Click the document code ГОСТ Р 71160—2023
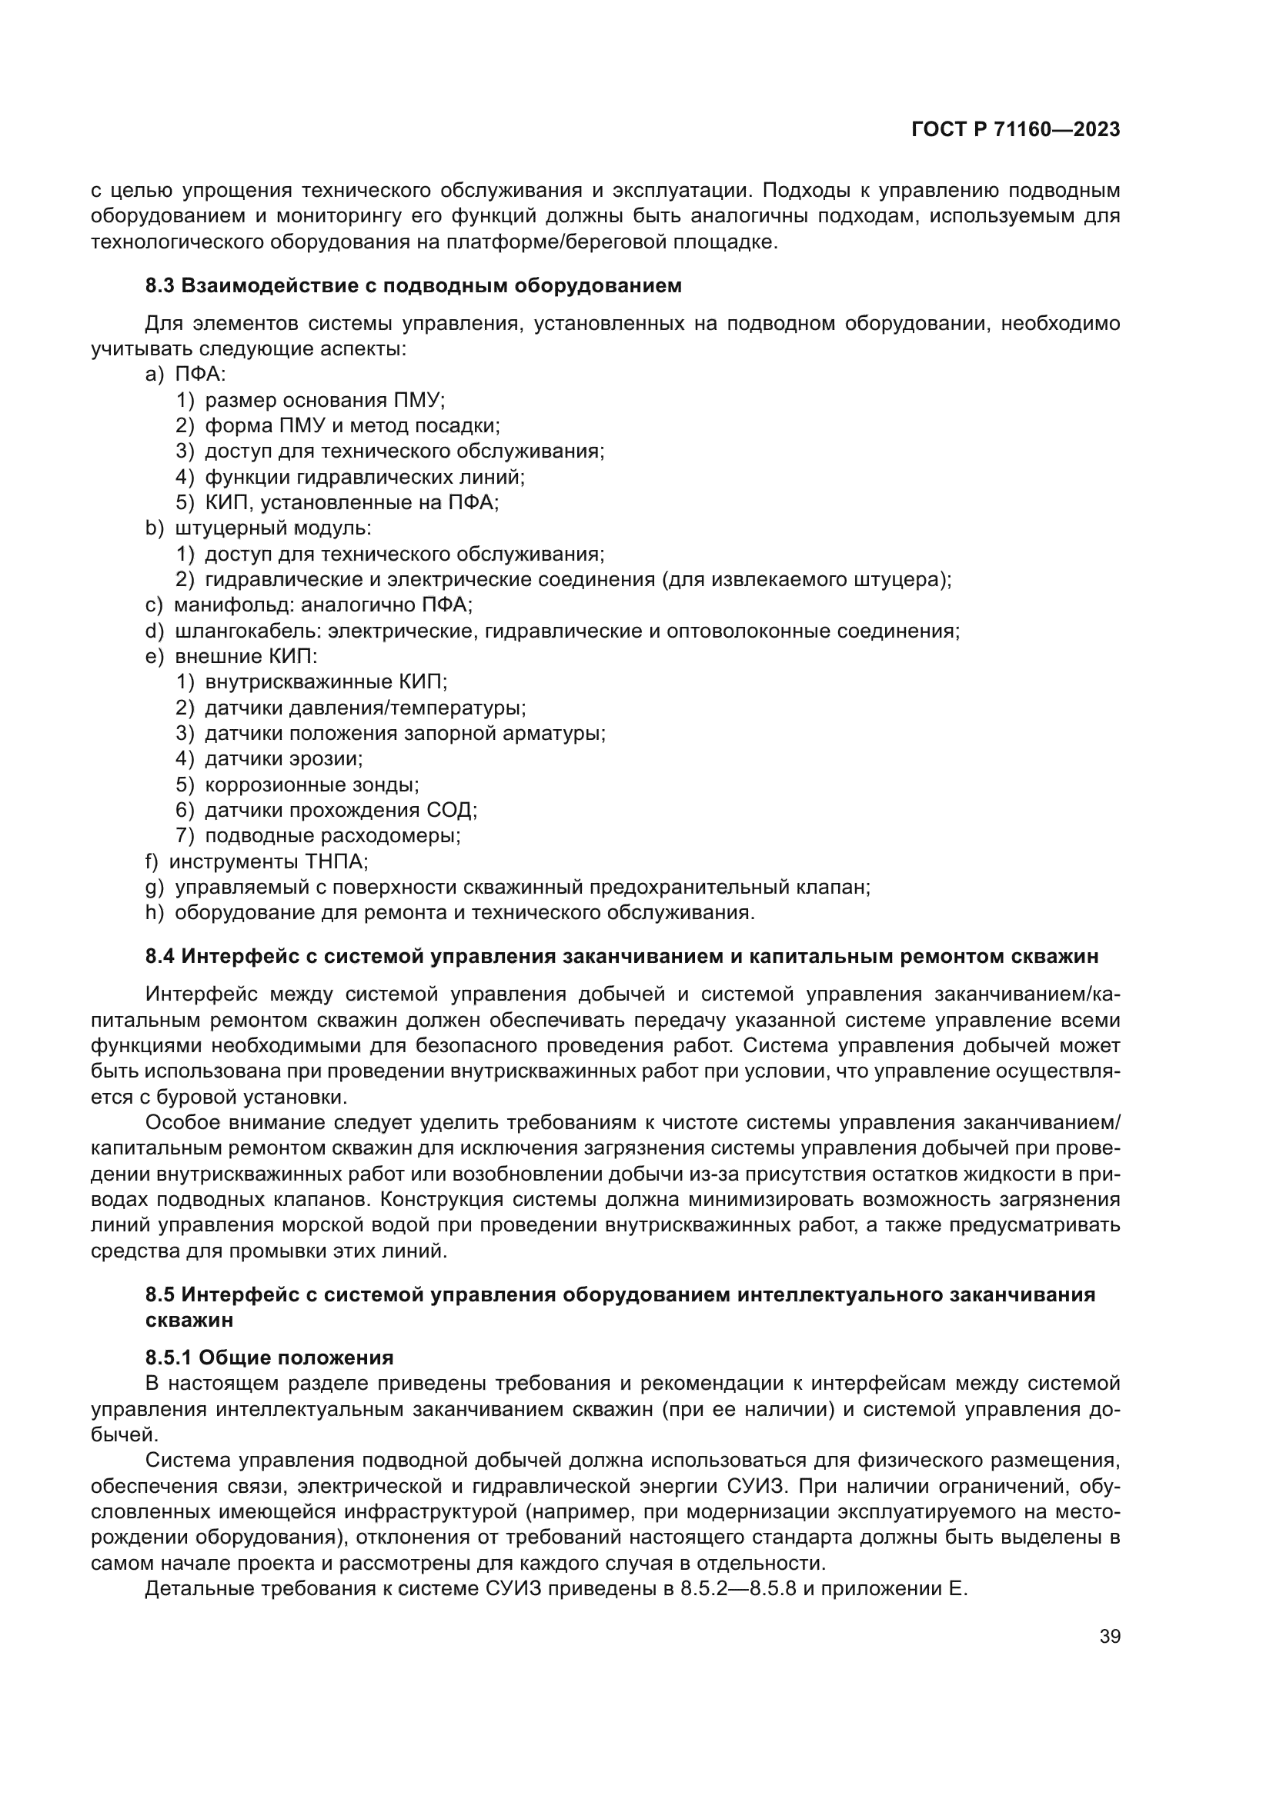[x=1016, y=129]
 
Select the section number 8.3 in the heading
[x=160, y=285]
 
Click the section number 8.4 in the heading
[x=160, y=956]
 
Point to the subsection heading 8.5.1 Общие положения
[x=269, y=1357]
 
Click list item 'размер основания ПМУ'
[x=325, y=401]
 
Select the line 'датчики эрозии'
[x=284, y=758]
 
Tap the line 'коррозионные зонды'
[x=311, y=785]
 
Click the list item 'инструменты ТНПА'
[x=268, y=861]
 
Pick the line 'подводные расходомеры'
[x=332, y=835]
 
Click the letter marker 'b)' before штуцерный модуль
[x=155, y=528]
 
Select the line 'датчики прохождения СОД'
[x=341, y=809]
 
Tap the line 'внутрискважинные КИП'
[x=326, y=681]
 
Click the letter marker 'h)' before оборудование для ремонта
[x=155, y=912]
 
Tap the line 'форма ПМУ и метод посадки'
[x=352, y=426]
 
